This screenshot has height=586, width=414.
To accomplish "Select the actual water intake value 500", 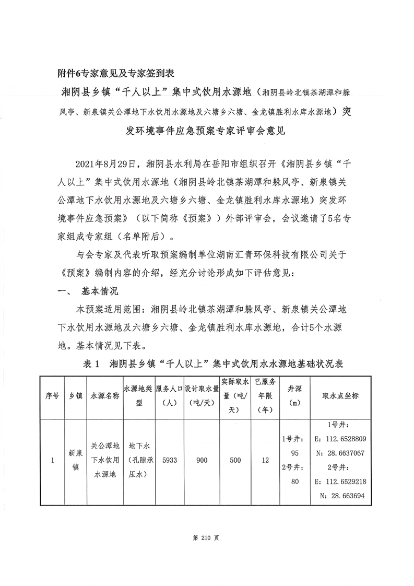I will coord(235,461).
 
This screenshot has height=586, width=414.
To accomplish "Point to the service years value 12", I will coord(265,461).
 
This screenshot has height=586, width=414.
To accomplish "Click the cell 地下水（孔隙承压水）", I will coord(139,461).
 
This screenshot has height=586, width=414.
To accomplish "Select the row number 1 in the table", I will coord(52,461).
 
